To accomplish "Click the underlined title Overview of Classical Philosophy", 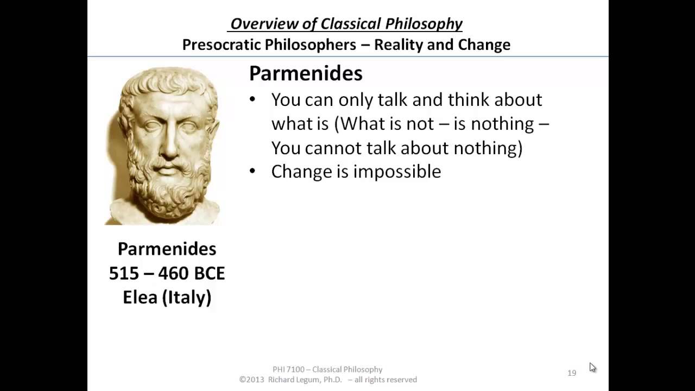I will tap(346, 24).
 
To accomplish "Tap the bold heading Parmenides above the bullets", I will tap(306, 74).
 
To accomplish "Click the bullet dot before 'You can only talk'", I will tap(252, 100).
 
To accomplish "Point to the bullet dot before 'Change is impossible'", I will tap(252, 172).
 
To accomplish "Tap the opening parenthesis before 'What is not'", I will tap(337, 124).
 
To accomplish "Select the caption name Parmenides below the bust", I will tap(167, 249).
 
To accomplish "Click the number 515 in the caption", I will tap(123, 273).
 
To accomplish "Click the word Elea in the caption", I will tap(141, 298).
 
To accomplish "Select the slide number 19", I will tap(572, 373).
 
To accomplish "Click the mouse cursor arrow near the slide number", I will tap(592, 367).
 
